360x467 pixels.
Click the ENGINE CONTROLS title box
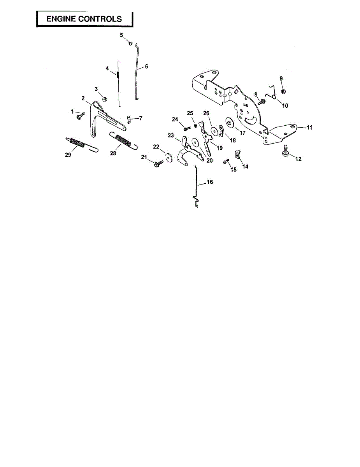84,19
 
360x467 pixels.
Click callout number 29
68,155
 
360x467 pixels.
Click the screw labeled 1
81,114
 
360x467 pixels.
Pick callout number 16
209,182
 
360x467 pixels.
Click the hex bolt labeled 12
285,150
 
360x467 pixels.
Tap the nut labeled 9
283,91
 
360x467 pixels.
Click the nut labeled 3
104,99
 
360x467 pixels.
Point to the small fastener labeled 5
131,43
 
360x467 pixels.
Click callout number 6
146,67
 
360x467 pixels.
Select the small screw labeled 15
225,162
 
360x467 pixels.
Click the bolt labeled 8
262,102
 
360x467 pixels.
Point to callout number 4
107,68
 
